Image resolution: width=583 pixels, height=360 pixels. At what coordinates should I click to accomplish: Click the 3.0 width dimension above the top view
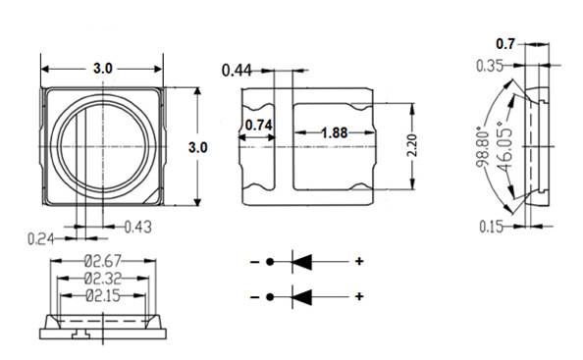click(102, 69)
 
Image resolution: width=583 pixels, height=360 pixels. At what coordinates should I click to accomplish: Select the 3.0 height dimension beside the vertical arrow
click(197, 147)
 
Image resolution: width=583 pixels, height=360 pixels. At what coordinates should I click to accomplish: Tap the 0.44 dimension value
click(236, 70)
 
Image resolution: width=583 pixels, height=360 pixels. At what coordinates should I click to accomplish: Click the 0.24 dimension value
click(39, 235)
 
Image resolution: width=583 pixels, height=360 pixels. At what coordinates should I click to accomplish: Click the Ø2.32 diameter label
click(101, 279)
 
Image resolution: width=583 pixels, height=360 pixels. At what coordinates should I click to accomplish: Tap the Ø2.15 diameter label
click(101, 294)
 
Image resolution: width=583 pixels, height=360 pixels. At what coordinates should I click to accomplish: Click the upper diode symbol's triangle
click(300, 262)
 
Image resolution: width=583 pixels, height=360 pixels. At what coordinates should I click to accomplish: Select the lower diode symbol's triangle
click(300, 296)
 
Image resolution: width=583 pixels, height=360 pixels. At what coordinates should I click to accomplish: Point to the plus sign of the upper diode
click(359, 262)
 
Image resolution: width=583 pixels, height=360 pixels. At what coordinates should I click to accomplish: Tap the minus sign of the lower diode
click(254, 297)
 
